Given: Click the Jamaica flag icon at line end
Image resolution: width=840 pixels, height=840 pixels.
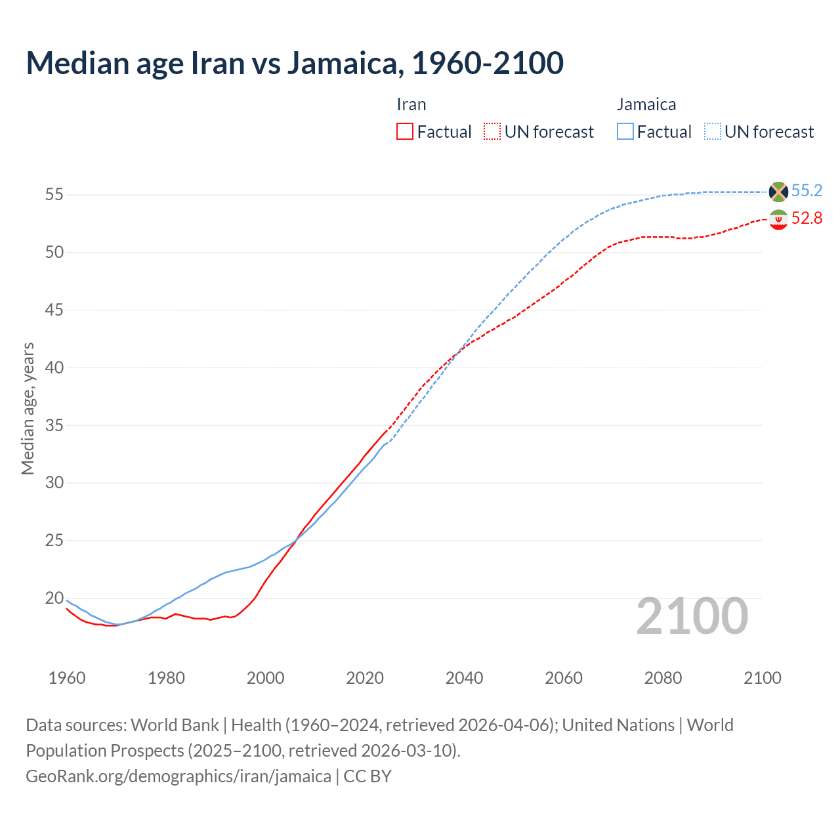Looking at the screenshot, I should point(778,192).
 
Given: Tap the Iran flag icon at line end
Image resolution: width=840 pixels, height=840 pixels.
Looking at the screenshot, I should point(778,219).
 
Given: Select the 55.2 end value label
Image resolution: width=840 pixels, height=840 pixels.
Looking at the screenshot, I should point(807,190).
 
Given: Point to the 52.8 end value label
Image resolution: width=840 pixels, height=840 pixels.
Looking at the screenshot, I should point(807,218).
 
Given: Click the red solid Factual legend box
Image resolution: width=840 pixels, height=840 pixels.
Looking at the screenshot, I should point(405,132).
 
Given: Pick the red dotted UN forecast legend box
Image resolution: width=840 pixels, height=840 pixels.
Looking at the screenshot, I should point(492,132).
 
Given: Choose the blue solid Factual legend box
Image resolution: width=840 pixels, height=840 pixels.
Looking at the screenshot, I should point(625,132).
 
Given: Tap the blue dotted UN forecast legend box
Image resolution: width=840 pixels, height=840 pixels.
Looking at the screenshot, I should point(713,132).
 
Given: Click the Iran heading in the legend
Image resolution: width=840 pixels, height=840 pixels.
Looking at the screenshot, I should point(411,104).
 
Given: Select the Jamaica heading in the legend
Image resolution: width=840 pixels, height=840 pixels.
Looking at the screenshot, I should point(646,104).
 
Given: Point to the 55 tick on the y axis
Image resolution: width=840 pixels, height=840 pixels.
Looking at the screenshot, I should point(54,195).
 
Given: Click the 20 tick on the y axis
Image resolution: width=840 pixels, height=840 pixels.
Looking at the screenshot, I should point(54,598).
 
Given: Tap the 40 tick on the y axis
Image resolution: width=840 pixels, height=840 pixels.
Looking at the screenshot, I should point(54,367).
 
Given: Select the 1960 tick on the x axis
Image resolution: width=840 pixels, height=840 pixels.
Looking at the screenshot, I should point(67,678).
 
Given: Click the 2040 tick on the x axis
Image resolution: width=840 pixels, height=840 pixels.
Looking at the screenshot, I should point(464,678).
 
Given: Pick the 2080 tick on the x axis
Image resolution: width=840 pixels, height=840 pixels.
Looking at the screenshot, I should point(663,678).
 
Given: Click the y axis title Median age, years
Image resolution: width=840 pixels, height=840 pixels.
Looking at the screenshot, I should point(28,408).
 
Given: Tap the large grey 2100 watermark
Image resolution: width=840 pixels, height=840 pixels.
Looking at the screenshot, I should point(692,616).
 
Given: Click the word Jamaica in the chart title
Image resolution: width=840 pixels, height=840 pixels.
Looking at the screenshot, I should point(343,63).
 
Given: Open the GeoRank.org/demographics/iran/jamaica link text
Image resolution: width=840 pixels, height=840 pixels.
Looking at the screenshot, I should point(178,776).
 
